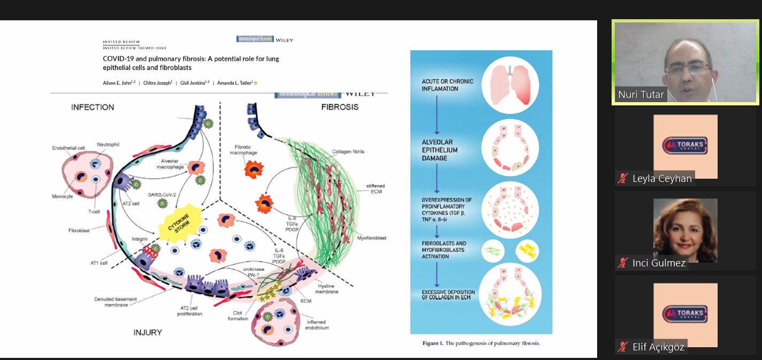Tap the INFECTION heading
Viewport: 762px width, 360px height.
[93, 108]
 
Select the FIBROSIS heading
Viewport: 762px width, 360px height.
[340, 107]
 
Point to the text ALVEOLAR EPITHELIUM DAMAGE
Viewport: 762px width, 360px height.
[440, 150]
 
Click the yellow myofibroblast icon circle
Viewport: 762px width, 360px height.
[527, 251]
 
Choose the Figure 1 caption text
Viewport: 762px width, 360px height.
[481, 343]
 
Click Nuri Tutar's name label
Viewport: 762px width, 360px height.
[641, 95]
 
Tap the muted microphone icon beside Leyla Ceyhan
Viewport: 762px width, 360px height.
[622, 179]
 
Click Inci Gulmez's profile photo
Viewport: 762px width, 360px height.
[685, 231]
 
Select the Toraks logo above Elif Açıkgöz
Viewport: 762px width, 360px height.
[685, 315]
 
